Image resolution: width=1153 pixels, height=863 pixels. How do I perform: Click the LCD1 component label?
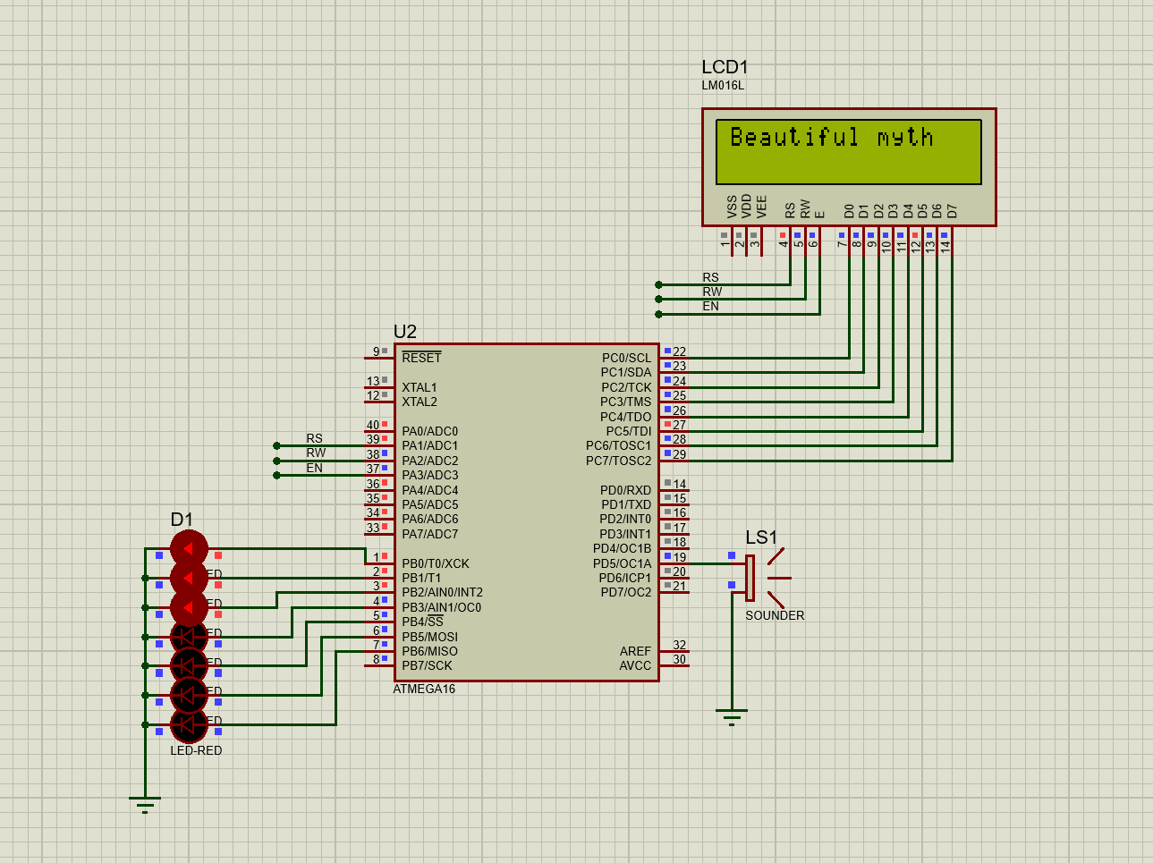pyautogui.click(x=724, y=67)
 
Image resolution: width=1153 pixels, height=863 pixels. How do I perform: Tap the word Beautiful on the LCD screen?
pyautogui.click(x=794, y=137)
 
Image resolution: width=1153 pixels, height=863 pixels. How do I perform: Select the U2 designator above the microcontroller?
pyautogui.click(x=404, y=332)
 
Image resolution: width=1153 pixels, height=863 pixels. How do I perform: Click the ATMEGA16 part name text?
pyautogui.click(x=424, y=690)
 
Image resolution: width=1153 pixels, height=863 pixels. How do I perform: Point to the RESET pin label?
pyautogui.click(x=421, y=358)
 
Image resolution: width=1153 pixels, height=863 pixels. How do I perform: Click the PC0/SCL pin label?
pyautogui.click(x=626, y=358)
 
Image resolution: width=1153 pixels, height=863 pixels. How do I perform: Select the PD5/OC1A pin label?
pyautogui.click(x=622, y=563)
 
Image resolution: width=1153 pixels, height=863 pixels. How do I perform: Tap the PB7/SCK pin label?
pyautogui.click(x=427, y=665)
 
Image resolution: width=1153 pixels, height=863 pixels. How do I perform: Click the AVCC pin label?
pyautogui.click(x=635, y=665)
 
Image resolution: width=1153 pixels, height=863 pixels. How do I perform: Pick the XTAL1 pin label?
pyautogui.click(x=420, y=387)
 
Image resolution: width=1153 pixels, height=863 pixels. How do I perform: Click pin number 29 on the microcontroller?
pyautogui.click(x=680, y=454)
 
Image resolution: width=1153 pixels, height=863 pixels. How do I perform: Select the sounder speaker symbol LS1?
pyautogui.click(x=765, y=578)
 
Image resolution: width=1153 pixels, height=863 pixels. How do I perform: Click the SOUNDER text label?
pyautogui.click(x=775, y=615)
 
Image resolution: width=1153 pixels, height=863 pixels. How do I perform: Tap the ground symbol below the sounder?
pyautogui.click(x=732, y=717)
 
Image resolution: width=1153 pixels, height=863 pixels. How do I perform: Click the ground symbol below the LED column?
pyautogui.click(x=145, y=804)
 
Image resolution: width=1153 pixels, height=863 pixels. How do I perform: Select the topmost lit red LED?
pyautogui.click(x=189, y=548)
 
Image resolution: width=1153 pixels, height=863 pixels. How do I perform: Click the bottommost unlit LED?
pyautogui.click(x=189, y=724)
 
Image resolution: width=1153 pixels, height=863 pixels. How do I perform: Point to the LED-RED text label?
pyautogui.click(x=196, y=750)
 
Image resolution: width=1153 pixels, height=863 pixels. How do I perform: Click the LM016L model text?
pyautogui.click(x=723, y=86)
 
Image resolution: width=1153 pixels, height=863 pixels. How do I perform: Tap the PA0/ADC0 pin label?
pyautogui.click(x=429, y=431)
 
